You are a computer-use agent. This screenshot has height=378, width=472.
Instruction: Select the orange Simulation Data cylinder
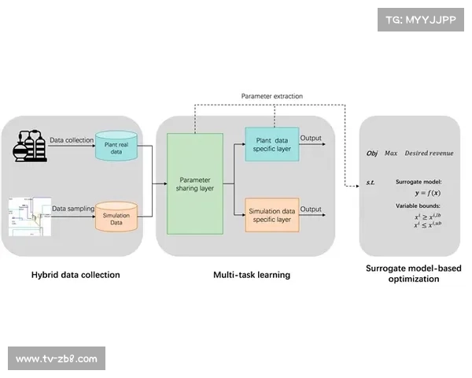116,217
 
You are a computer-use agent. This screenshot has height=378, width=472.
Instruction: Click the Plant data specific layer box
271,143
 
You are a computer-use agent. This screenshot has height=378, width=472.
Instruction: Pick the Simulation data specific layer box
271,214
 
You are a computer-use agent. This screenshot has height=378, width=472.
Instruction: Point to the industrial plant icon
31,146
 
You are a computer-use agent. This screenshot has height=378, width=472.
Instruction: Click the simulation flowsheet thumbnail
29,217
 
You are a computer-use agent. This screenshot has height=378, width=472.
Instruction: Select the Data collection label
72,139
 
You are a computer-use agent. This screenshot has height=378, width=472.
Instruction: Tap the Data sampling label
72,209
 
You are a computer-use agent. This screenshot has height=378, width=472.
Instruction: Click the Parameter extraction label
271,96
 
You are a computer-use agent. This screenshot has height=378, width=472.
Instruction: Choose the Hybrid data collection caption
76,275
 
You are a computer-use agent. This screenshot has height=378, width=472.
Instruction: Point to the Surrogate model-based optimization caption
414,273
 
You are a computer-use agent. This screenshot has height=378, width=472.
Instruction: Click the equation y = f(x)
428,191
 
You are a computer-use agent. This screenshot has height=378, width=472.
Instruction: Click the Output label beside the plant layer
312,139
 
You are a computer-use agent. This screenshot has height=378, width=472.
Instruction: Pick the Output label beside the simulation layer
312,209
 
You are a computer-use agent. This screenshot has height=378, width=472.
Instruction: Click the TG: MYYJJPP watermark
421,20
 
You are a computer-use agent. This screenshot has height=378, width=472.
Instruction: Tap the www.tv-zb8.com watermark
57,359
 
